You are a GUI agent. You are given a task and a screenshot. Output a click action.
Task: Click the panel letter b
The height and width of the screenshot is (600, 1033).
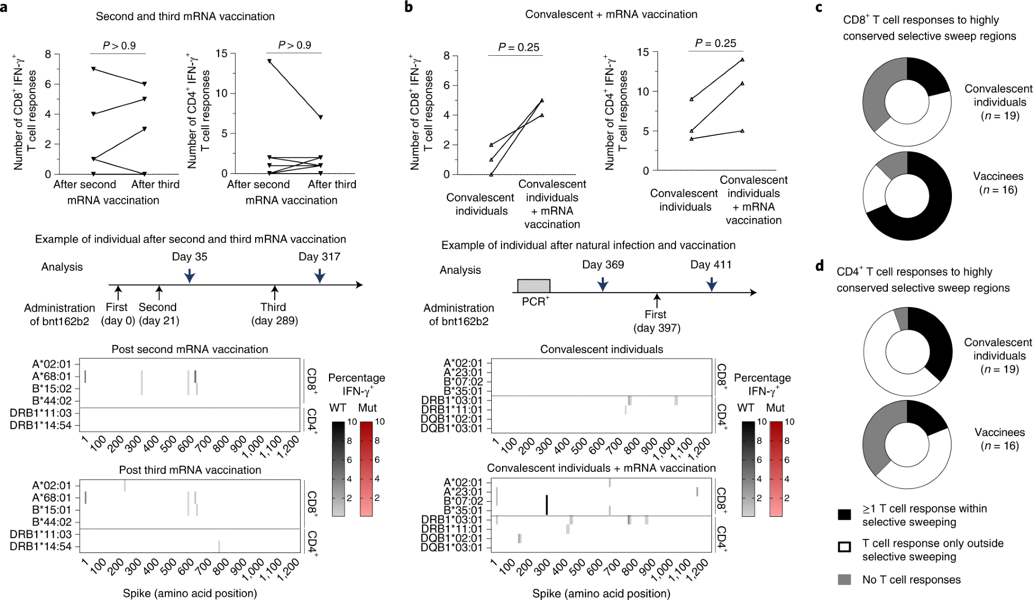pos(409,7)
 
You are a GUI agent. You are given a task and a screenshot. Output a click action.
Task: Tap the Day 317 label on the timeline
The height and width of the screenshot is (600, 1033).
pos(319,256)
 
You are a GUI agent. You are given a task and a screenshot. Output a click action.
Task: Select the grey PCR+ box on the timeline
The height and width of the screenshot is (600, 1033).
pos(534,286)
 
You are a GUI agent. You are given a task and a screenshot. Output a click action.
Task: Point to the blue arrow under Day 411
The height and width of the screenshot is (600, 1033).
pos(712,284)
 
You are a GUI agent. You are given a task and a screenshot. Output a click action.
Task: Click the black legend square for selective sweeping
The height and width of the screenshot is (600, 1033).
pos(844,515)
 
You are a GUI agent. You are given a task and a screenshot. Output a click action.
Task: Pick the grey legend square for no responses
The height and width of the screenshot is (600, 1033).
pos(844,579)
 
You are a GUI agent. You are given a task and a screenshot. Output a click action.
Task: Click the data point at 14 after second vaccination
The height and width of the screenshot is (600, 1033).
pos(269,61)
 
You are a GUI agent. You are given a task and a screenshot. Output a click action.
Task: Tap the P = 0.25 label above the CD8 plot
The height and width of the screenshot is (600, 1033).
pos(518,47)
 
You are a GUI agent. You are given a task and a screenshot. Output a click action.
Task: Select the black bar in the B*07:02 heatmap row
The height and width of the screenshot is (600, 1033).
pos(546,504)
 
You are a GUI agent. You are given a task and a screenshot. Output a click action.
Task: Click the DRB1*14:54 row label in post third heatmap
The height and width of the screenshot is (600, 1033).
pos(40,546)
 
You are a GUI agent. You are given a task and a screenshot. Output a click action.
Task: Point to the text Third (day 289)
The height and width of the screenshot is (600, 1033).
pos(274,314)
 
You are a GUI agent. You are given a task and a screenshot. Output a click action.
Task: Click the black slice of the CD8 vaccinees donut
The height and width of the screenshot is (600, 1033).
pos(930,207)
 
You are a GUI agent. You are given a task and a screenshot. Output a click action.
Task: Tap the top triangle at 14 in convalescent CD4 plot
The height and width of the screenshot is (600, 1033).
pos(742,59)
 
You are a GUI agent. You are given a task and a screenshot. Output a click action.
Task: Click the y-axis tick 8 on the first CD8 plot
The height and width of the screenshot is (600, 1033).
pos(48,54)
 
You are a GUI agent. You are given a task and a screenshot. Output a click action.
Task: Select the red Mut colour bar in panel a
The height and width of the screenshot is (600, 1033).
pos(366,468)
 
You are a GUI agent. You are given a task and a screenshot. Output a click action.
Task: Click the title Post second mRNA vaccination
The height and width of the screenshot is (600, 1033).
pos(190,349)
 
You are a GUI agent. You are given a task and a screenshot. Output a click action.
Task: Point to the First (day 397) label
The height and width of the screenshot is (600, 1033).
pos(656,321)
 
